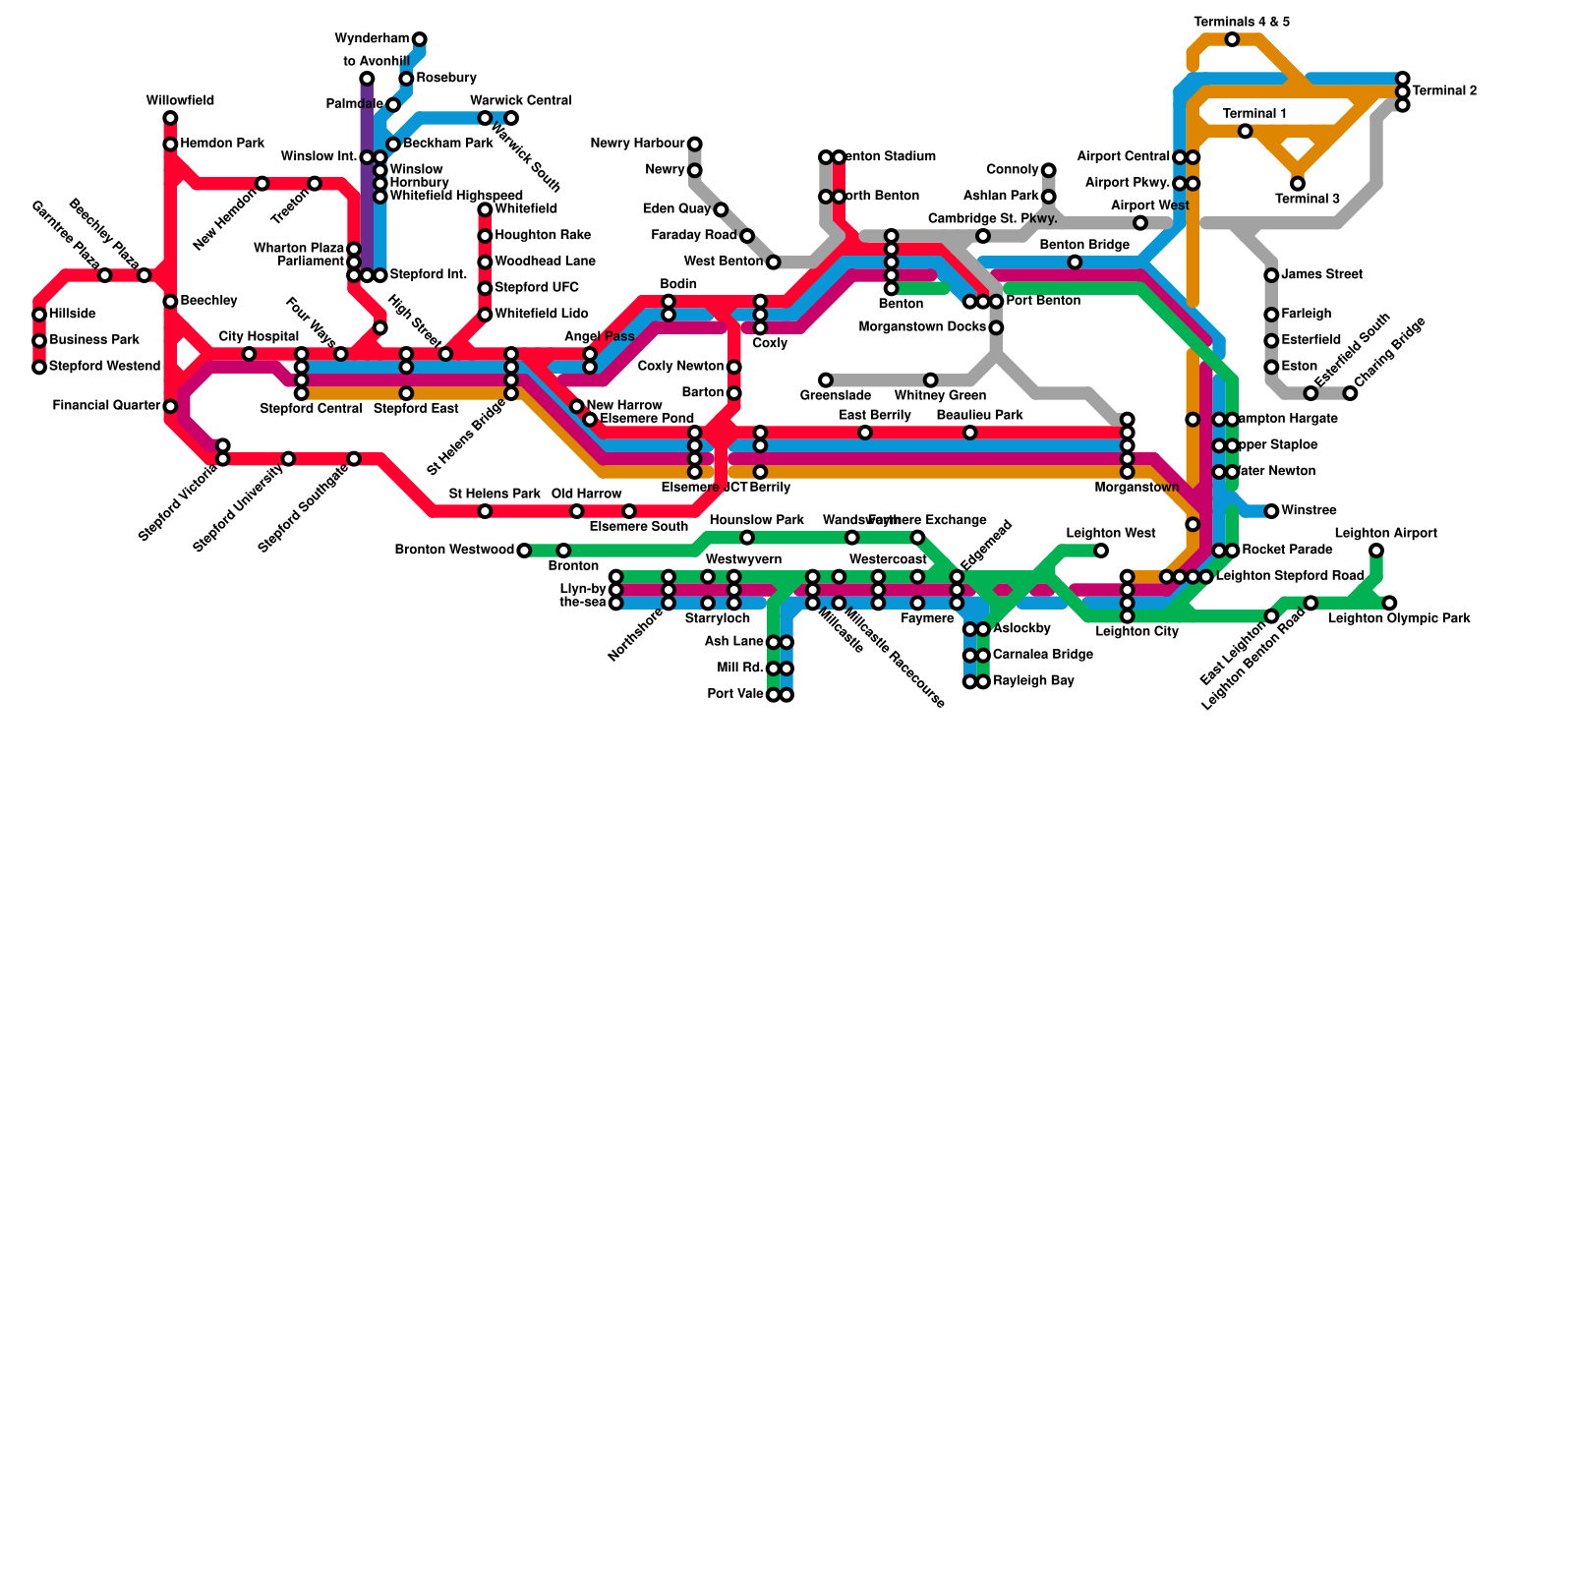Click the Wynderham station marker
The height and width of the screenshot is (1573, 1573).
coord(420,39)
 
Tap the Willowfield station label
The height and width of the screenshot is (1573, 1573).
coord(180,101)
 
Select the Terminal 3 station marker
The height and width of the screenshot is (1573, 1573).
coord(1298,184)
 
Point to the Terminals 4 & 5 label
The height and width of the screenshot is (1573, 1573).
coord(1242,22)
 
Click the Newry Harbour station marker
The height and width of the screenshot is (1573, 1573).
coord(695,145)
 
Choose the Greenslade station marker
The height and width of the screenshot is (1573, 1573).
coord(826,380)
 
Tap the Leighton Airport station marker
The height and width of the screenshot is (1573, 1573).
coord(1376,551)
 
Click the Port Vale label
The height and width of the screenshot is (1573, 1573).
coord(735,695)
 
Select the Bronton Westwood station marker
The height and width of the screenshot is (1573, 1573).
coord(524,551)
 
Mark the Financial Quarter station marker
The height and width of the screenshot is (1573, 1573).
coord(170,406)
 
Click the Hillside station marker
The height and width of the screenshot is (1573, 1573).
coord(39,315)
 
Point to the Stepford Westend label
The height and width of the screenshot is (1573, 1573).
coord(104,367)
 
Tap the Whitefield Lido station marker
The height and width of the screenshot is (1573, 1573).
coord(485,315)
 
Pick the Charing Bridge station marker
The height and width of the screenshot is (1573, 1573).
coord(1351,393)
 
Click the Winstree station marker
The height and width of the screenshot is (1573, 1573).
coord(1271,511)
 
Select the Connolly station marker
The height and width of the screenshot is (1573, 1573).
coord(1049,170)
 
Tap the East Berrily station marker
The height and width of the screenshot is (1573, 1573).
coord(865,433)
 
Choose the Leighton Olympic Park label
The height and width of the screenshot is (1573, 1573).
coord(1399,619)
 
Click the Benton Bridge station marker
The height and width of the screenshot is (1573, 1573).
coord(1075,262)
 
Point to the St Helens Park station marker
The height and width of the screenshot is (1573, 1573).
coord(485,511)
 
